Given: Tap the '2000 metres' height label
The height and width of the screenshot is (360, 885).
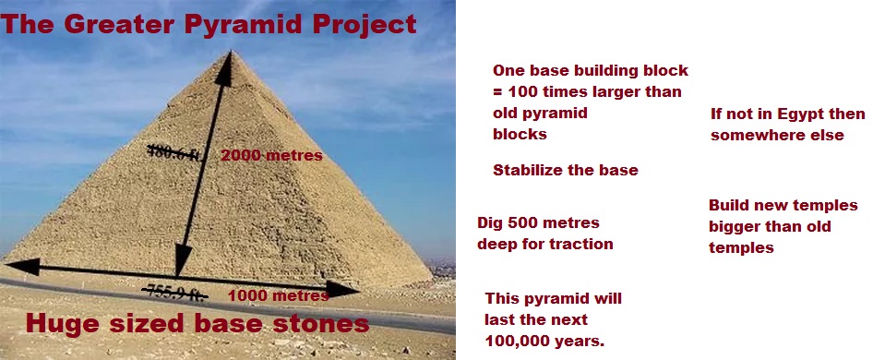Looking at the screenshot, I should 271,156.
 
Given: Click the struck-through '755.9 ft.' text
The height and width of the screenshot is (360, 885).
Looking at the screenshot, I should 173,292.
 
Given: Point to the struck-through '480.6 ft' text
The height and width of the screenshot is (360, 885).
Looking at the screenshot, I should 172,153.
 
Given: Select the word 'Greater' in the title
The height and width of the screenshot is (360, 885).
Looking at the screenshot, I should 118,25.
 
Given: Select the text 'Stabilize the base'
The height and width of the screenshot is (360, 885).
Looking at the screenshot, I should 565,171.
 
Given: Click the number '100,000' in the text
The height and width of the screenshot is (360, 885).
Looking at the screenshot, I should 521,342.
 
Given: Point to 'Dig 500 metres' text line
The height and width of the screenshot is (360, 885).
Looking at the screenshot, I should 538,223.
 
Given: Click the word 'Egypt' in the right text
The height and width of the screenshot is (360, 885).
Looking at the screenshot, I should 796,114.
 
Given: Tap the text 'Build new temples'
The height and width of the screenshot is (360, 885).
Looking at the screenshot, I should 783,205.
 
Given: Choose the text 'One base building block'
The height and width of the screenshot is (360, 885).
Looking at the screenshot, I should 590,71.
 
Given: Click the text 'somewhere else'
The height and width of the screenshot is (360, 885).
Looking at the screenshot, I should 776,136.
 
